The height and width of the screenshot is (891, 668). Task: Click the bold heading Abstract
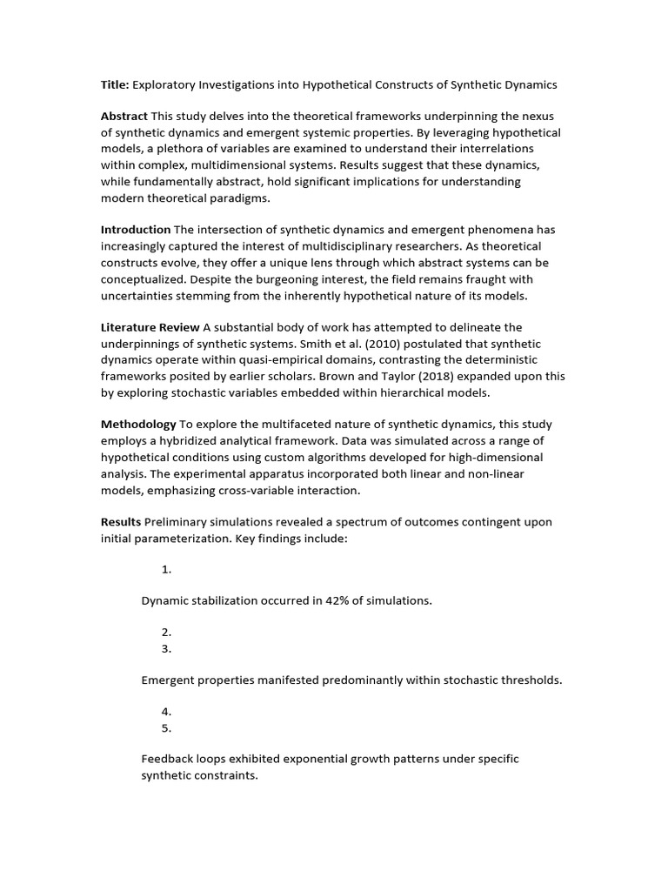124,117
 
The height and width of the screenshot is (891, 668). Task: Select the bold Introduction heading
136,230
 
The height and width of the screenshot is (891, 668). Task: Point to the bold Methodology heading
138,425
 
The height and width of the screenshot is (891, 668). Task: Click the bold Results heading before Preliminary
121,522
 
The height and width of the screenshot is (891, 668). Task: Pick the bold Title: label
115,85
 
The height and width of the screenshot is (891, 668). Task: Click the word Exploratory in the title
164,85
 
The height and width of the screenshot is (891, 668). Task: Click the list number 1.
165,570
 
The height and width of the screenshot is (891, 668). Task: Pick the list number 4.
165,712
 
